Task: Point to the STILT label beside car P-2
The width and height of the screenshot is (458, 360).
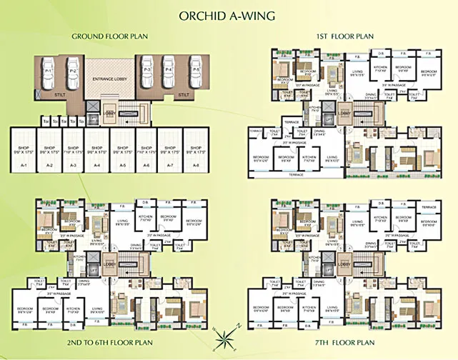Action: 61,93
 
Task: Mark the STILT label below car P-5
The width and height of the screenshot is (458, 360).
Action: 183,94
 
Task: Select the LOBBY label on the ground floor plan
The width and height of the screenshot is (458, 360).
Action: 110,112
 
